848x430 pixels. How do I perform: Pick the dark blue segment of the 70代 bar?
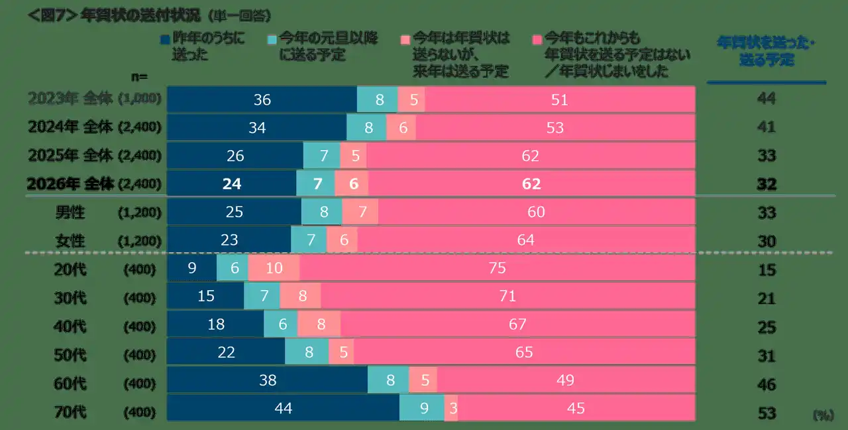pyautogui.click(x=283, y=408)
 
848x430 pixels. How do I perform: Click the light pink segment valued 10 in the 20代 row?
pyautogui.click(x=274, y=268)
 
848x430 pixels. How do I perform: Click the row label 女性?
pyautogui.click(x=70, y=240)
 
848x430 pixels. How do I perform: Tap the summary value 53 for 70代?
pyautogui.click(x=767, y=413)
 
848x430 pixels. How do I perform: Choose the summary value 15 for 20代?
pyautogui.click(x=767, y=270)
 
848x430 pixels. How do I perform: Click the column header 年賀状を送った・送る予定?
pyautogui.click(x=766, y=50)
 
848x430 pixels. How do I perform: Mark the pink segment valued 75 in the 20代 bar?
pyautogui.click(x=497, y=268)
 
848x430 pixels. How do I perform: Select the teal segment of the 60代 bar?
pyautogui.click(x=388, y=380)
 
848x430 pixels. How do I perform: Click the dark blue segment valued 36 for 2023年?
pyautogui.click(x=262, y=100)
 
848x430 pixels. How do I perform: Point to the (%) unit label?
pyautogui.click(x=823, y=415)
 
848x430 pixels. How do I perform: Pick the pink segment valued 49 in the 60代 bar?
pyautogui.click(x=565, y=380)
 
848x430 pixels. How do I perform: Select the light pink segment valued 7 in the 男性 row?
pyautogui.click(x=360, y=212)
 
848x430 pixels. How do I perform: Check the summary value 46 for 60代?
pyautogui.click(x=767, y=385)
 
